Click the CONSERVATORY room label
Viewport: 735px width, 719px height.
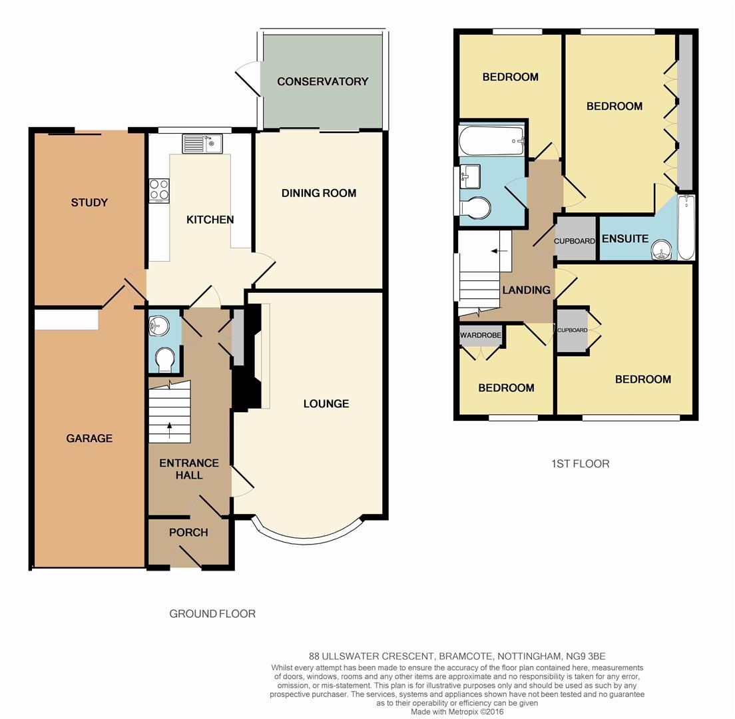click(322, 81)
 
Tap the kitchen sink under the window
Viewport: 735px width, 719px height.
click(204, 143)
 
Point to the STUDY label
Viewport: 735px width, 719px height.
click(89, 202)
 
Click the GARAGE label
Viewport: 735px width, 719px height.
click(89, 438)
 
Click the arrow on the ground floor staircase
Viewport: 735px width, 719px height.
click(168, 426)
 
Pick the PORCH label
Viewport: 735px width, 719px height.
click(188, 532)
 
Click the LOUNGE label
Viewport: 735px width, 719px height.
click(326, 403)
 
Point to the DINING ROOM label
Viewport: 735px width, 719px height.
click(318, 193)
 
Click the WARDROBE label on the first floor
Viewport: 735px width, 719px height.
click(480, 336)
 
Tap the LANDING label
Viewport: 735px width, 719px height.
click(526, 290)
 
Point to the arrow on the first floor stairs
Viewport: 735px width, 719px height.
click(495, 251)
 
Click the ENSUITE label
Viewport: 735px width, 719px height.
click(624, 238)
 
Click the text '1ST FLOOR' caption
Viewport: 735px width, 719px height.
click(580, 463)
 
